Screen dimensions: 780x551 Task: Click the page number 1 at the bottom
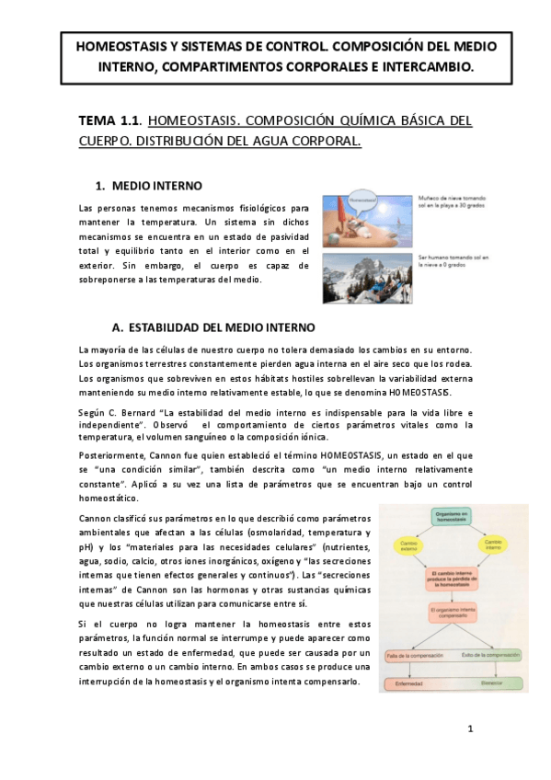470,729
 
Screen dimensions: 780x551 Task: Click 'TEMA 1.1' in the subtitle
109,120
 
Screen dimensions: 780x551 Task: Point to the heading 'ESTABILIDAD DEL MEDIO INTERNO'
221,327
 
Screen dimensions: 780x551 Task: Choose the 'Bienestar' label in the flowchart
493,683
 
